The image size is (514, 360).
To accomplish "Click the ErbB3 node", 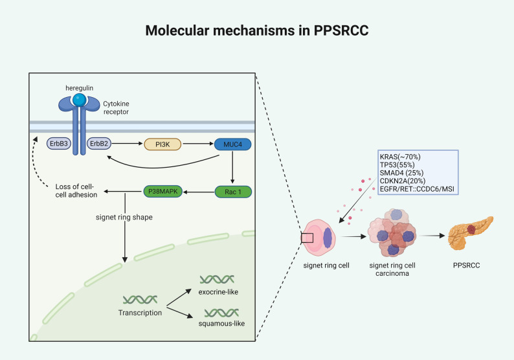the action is pyautogui.click(x=59, y=144).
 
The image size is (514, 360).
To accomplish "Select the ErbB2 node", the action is pyautogui.click(x=99, y=144).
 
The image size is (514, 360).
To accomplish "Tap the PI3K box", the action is pyautogui.click(x=162, y=144).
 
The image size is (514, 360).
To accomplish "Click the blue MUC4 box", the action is pyautogui.click(x=233, y=144).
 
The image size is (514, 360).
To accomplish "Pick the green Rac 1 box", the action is pyautogui.click(x=233, y=192).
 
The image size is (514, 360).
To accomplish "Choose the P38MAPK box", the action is pyautogui.click(x=163, y=191).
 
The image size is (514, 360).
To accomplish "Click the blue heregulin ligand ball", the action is pyautogui.click(x=80, y=100).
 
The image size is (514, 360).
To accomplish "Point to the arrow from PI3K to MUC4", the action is pyautogui.click(x=198, y=144).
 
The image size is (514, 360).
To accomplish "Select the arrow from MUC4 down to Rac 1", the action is pyautogui.click(x=232, y=167).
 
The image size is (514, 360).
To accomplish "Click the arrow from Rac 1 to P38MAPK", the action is pyautogui.click(x=199, y=192).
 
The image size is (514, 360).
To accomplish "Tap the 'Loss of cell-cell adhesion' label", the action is pyautogui.click(x=76, y=191).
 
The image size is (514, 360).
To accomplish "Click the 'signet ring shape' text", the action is pyautogui.click(x=124, y=217).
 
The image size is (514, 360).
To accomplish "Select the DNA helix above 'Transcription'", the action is pyautogui.click(x=140, y=299).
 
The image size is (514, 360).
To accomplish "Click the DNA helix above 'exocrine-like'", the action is pyautogui.click(x=217, y=279).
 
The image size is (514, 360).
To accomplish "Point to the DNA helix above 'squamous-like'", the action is pyautogui.click(x=221, y=313).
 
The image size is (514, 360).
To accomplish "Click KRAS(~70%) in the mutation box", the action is pyautogui.click(x=400, y=157).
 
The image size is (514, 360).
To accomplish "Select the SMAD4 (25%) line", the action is pyautogui.click(x=401, y=173).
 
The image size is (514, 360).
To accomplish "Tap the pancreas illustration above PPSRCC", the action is pyautogui.click(x=471, y=232).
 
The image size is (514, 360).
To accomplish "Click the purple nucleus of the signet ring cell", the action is pyautogui.click(x=328, y=238).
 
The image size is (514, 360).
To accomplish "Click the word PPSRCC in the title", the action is pyautogui.click(x=341, y=30).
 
